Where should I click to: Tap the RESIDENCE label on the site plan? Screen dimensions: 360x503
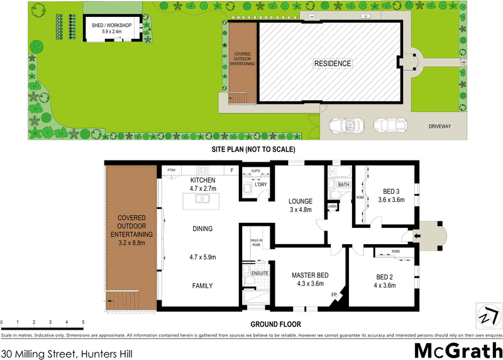pyautogui.click(x=333, y=64)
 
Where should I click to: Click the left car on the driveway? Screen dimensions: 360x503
pyautogui.click(x=345, y=125)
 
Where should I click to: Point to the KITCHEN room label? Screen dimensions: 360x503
pyautogui.click(x=202, y=181)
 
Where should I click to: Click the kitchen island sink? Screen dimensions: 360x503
pyautogui.click(x=202, y=200)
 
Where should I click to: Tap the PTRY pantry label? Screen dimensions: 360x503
pyautogui.click(x=170, y=171)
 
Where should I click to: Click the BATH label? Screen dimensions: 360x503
pyautogui.click(x=343, y=184)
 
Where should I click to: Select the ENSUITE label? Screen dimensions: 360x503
pyautogui.click(x=260, y=274)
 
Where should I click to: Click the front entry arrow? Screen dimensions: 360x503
pyautogui.click(x=416, y=236)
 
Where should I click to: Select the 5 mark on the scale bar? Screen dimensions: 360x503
pyautogui.click(x=83, y=322)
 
